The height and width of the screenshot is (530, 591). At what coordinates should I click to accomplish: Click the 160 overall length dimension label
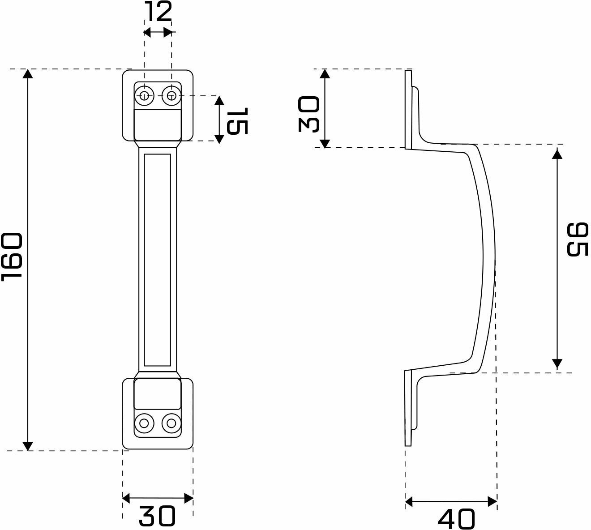[12, 256]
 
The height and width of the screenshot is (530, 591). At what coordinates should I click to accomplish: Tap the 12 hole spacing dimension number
[158, 12]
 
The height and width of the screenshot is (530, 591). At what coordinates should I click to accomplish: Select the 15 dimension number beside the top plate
[237, 121]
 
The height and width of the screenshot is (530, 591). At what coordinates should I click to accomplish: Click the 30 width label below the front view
[157, 516]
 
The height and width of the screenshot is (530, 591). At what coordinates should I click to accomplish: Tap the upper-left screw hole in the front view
[144, 95]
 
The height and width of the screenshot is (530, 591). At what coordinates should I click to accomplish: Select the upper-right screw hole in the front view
[171, 95]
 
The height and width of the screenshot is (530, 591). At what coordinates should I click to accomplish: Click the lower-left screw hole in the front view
[144, 423]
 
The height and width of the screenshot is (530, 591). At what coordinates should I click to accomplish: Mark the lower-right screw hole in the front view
[171, 423]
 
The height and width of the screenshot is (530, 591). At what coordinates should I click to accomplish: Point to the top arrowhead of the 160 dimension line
[28, 74]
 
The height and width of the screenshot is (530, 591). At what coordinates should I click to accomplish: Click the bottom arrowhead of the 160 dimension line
[28, 446]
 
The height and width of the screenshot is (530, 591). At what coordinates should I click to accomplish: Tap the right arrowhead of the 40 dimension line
[492, 502]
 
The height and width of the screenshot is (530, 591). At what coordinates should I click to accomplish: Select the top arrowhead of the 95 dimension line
[557, 154]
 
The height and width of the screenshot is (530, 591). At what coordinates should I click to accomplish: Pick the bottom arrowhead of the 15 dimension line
[219, 138]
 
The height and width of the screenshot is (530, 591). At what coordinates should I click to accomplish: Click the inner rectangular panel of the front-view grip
[158, 260]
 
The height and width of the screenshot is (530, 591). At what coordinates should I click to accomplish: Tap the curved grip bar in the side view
[489, 260]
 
